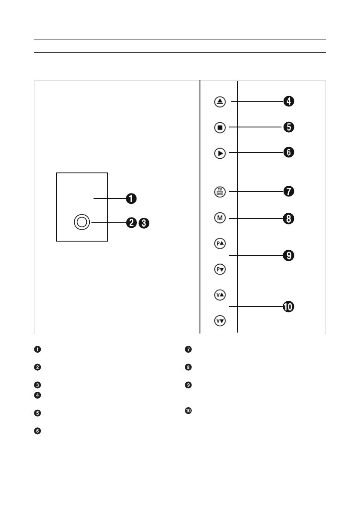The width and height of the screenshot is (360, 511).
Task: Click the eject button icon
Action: (x=220, y=102)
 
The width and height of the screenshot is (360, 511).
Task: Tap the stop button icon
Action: (x=220, y=127)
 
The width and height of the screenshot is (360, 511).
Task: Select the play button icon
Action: (x=220, y=153)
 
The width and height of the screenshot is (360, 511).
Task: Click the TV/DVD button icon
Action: (x=220, y=191)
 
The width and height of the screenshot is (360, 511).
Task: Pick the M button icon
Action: (x=220, y=218)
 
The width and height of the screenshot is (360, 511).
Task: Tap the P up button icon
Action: (x=220, y=243)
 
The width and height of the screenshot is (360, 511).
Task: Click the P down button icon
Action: (x=220, y=269)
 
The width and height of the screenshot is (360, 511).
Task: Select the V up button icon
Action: (x=220, y=295)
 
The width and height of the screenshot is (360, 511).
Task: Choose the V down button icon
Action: (x=220, y=321)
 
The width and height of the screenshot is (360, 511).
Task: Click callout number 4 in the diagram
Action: (x=288, y=102)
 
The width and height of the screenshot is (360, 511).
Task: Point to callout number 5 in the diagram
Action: (x=288, y=127)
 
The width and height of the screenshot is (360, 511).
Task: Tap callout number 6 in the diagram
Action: (x=288, y=152)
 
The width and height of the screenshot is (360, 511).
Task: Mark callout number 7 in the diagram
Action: (x=288, y=191)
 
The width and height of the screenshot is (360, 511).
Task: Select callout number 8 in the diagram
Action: (x=288, y=219)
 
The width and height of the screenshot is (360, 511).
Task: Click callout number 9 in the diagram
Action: (x=288, y=256)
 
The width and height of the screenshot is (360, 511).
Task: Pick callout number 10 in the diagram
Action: (x=288, y=307)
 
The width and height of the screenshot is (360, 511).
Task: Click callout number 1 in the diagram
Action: (x=131, y=199)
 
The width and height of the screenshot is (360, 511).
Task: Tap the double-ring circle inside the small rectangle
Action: (x=82, y=222)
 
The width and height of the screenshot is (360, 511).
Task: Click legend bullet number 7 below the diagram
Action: (x=188, y=349)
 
